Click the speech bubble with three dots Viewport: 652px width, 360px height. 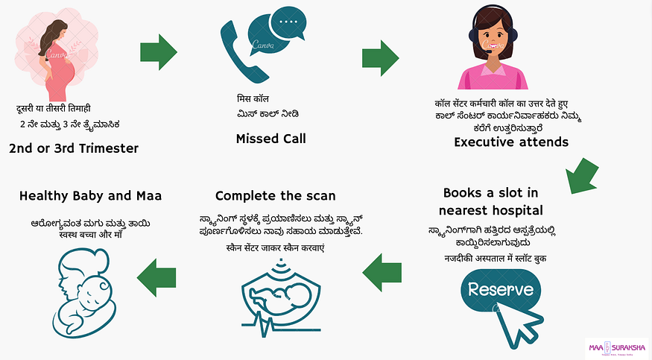point(286,27)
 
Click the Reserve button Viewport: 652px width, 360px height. point(501,289)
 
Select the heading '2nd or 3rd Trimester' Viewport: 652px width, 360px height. point(74,148)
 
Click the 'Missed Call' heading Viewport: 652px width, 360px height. point(270,139)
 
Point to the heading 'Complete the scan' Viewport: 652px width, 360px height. point(275,196)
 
